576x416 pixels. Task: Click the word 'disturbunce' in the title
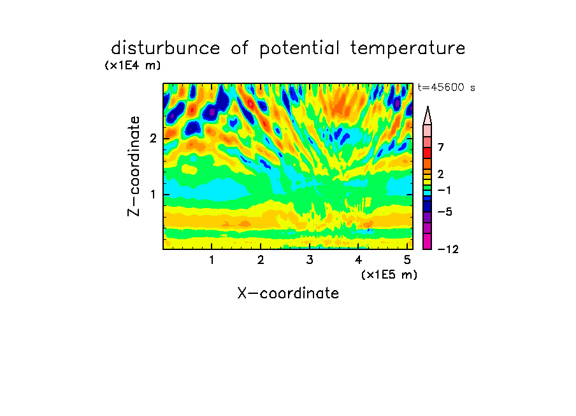tap(165, 48)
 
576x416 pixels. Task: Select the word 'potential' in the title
tap(299, 49)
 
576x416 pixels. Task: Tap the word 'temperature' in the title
tap(408, 49)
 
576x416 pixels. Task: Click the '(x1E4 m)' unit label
tap(133, 66)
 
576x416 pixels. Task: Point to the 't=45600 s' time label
tap(446, 87)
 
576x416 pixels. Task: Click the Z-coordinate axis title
tap(134, 166)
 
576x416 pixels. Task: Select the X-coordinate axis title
tap(288, 293)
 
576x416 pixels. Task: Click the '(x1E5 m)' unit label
tap(389, 274)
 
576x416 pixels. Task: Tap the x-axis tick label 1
tap(212, 260)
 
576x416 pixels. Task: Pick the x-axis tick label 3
tap(310, 260)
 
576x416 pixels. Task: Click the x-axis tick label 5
tap(407, 260)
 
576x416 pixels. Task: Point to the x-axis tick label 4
tap(358, 260)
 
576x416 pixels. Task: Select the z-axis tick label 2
tap(153, 139)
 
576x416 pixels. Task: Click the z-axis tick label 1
tap(153, 195)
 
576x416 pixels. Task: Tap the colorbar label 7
tap(441, 148)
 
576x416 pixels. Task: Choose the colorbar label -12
tap(448, 249)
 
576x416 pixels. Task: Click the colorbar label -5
tap(445, 212)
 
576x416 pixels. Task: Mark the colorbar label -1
tap(444, 190)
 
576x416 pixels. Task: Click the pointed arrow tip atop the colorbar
tap(428, 107)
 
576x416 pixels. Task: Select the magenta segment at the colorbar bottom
tap(428, 241)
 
